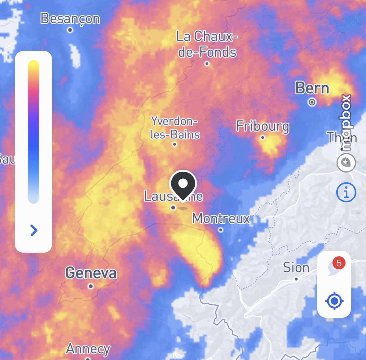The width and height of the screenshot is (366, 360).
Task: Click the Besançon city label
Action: click(70, 19)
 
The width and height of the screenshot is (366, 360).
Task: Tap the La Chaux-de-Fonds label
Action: click(207, 44)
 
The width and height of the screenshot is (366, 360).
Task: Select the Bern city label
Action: click(312, 88)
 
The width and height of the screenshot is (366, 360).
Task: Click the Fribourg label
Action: click(263, 126)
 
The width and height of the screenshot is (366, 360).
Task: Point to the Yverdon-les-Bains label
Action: click(174, 128)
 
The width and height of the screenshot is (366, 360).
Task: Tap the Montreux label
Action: click(221, 218)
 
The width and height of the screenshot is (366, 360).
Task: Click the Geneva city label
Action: click(91, 273)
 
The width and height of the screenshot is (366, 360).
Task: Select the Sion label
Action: click(296, 268)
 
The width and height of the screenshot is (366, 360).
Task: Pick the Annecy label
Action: click(88, 349)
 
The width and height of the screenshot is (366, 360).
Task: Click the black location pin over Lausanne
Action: click(183, 184)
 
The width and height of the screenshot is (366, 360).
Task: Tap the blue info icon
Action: click(346, 192)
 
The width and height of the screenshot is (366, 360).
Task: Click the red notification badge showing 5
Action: click(339, 263)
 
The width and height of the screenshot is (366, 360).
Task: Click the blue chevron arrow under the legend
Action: click(34, 230)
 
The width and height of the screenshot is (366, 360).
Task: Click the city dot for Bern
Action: click(312, 102)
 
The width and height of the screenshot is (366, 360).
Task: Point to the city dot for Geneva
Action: click(91, 286)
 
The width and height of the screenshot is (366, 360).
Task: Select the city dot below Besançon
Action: click(70, 30)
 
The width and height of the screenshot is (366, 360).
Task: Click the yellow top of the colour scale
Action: click(34, 66)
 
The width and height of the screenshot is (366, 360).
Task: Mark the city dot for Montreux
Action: click(221, 230)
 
